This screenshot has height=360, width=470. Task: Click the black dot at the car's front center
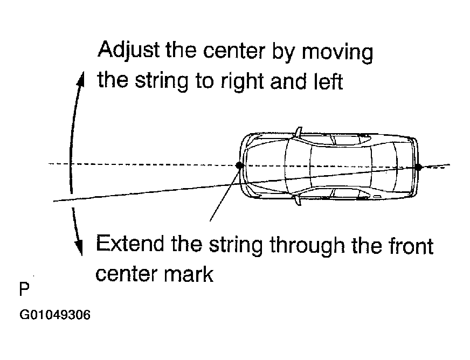click(240, 165)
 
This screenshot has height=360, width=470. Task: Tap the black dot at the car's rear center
click(418, 167)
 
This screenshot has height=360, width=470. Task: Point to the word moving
click(337, 53)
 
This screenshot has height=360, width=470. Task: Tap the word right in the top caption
click(237, 82)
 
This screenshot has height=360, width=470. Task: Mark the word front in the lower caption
click(410, 246)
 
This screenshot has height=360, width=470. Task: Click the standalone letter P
click(24, 289)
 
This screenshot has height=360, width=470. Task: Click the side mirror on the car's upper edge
click(298, 131)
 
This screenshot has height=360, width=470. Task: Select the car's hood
click(264, 167)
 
